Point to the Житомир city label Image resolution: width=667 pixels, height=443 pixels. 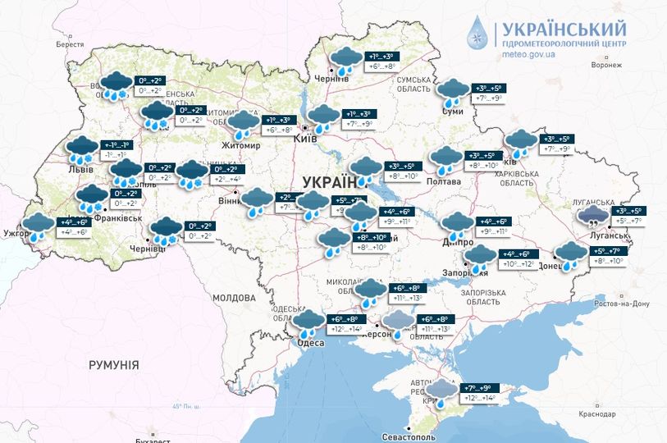click(240, 146)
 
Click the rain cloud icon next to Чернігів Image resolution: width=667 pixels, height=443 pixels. click(344, 60)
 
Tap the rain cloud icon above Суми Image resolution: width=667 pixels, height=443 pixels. click(452, 91)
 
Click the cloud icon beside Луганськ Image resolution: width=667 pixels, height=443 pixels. click(592, 217)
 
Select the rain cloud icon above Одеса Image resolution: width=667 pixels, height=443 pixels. click(309, 322)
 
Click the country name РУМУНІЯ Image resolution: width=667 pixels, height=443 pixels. click(113, 364)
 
